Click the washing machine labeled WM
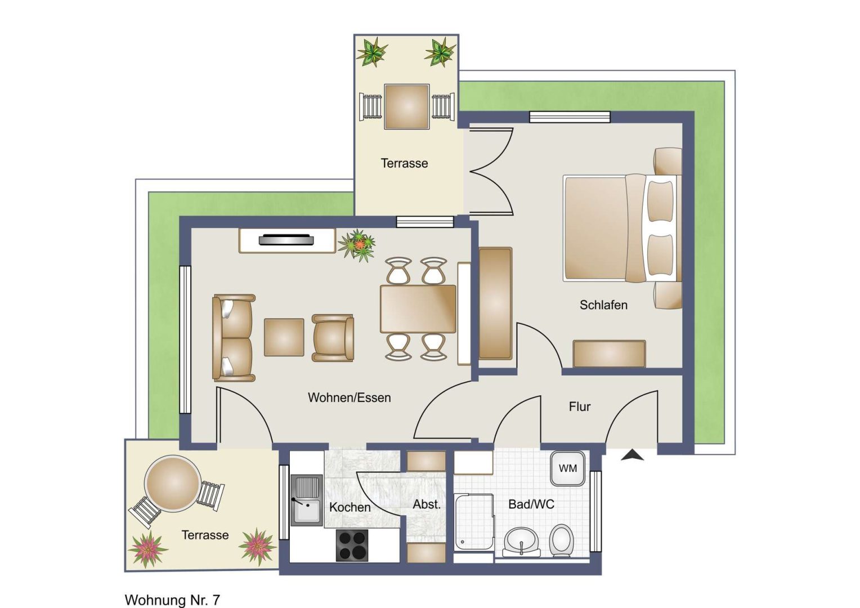567,468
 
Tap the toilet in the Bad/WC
561,541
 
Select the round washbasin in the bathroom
521,542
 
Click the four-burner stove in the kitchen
352,546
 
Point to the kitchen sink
306,500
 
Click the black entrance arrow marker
632,455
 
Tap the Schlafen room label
603,305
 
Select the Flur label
580,406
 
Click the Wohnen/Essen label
350,397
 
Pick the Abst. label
427,504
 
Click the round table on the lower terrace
173,484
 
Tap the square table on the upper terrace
406,107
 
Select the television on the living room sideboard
286,240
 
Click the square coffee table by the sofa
284,337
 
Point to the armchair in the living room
333,338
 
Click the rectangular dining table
418,309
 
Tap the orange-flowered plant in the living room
357,245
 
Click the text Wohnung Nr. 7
172,600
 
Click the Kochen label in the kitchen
350,507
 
